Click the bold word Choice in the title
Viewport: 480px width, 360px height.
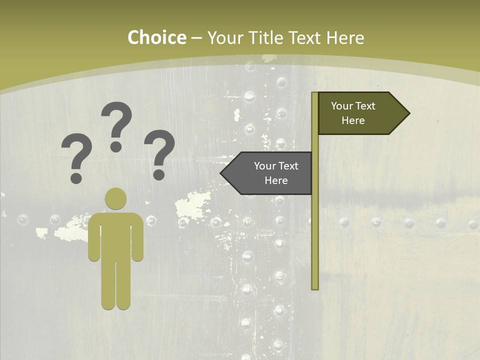tap(156, 38)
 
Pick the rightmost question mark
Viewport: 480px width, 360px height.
tap(159, 152)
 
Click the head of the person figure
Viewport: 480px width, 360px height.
tap(116, 198)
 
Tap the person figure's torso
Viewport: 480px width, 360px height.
tap(116, 235)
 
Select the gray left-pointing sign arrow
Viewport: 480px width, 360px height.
tap(267, 173)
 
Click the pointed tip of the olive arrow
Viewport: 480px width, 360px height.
tap(408, 113)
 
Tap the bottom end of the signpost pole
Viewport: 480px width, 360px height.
tap(315, 287)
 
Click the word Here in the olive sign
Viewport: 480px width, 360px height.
tap(353, 120)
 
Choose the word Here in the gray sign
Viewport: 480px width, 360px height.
tap(276, 180)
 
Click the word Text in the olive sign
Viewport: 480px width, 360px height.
tap(365, 106)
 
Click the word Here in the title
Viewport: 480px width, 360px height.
tap(345, 38)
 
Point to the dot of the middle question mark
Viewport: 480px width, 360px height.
tap(116, 146)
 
